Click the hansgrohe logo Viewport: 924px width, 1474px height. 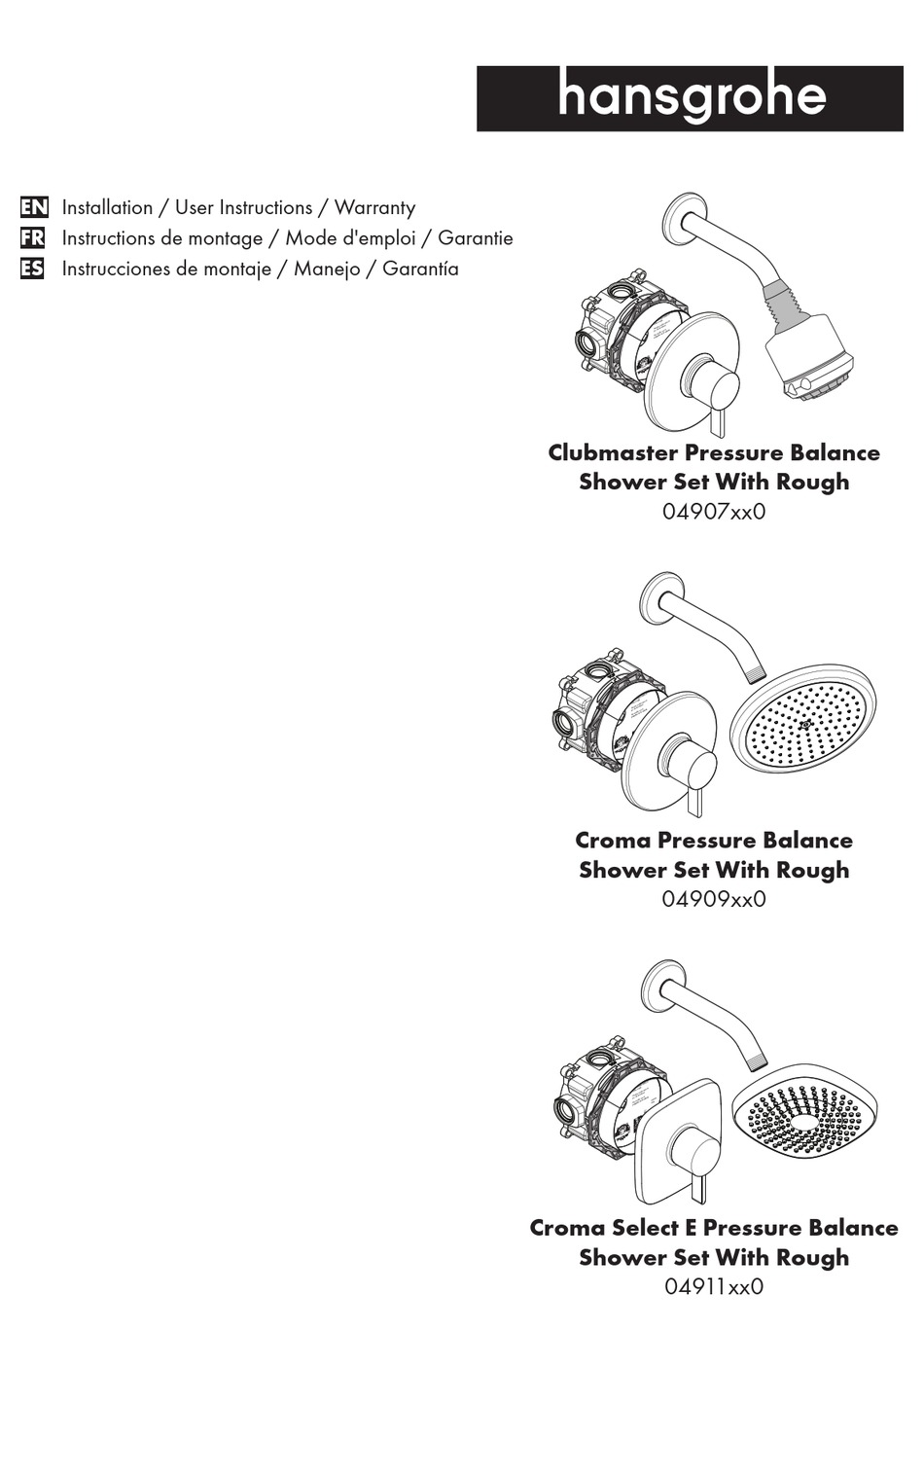pos(691,98)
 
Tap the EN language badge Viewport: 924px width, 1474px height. pos(33,207)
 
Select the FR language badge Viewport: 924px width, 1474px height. pos(33,237)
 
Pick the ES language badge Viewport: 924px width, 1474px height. pos(33,269)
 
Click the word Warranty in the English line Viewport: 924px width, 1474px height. pos(374,207)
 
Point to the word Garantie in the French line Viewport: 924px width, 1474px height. pos(475,237)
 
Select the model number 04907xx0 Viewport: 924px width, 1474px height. pos(713,511)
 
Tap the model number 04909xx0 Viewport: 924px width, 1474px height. pos(713,898)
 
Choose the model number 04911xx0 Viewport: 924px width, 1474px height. pos(713,1286)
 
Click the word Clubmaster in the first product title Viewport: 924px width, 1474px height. pos(612,452)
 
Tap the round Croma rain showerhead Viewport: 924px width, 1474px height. pos(802,726)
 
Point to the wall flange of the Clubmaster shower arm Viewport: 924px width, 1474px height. pos(684,215)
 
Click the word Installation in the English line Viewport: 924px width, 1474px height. pos(107,207)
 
